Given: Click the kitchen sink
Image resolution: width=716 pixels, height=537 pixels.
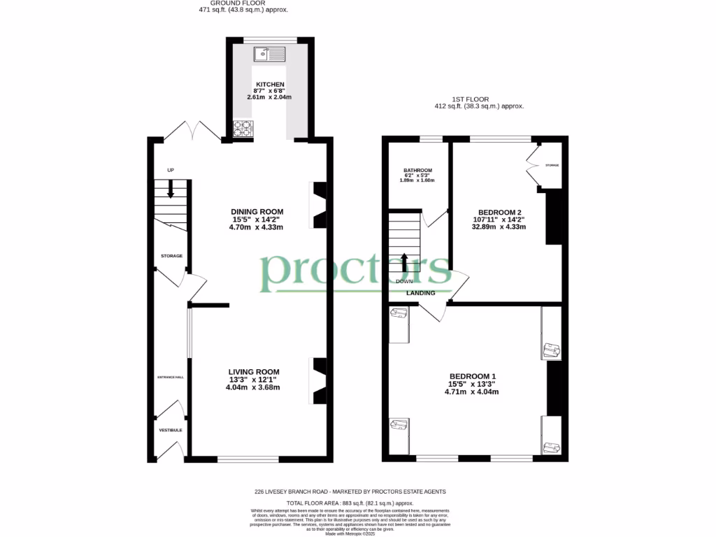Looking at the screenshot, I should (270, 53).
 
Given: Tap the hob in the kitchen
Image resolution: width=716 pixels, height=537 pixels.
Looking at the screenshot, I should (243, 129).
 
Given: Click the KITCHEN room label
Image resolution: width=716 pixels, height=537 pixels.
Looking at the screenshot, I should (269, 85).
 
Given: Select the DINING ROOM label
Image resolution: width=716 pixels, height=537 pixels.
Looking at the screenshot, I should (257, 212).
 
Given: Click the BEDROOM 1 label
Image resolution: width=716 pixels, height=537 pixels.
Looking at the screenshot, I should (472, 376).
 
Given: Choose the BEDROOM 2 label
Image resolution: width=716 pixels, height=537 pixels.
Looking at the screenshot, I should (499, 212).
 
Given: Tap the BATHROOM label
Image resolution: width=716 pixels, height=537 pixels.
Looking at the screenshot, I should (417, 171).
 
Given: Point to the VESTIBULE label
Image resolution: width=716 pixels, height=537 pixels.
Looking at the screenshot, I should (170, 430).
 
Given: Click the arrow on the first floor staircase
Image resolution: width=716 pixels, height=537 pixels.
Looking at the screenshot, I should (404, 262).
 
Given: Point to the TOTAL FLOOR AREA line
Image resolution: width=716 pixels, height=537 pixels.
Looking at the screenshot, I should (350, 503).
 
